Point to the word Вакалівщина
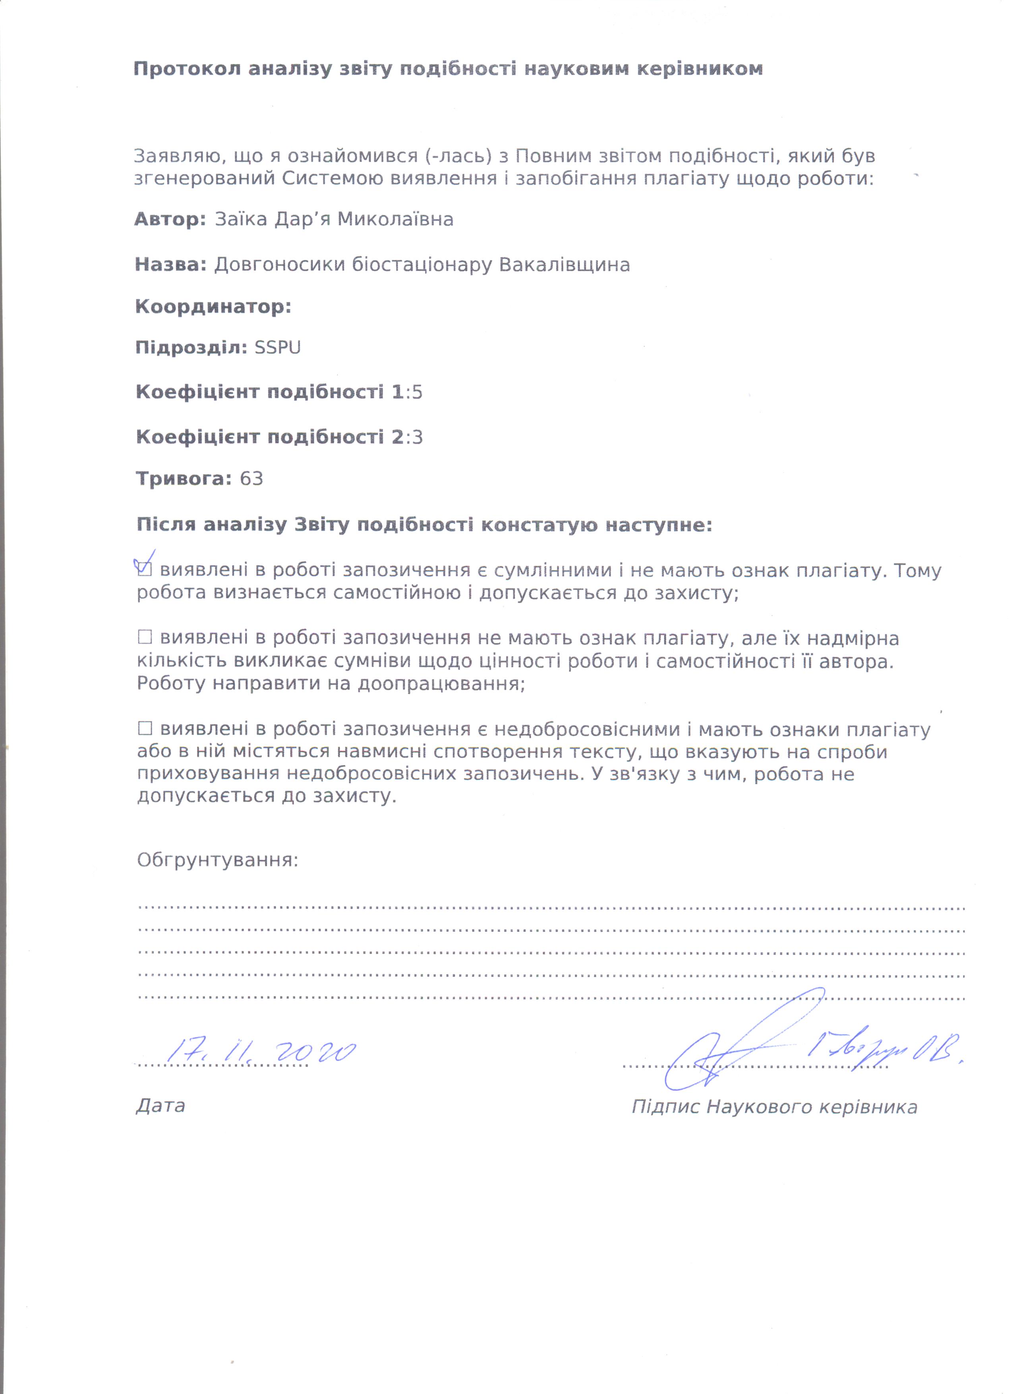coord(564,265)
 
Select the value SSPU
coord(277,348)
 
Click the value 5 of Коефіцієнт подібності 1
coord(418,392)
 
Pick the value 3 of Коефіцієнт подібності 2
coord(418,438)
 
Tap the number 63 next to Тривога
coord(251,479)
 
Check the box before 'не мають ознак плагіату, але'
coord(145,637)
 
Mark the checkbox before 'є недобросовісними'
coord(145,729)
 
